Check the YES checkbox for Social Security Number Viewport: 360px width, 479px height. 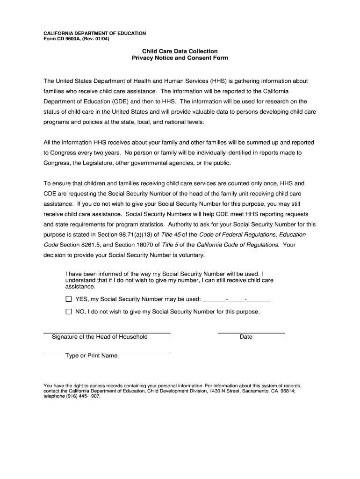[69, 299]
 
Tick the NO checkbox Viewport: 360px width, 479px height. [69, 312]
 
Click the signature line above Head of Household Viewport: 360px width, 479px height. [107, 332]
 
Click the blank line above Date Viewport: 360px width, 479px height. [251, 332]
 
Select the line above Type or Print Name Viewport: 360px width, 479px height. [107, 351]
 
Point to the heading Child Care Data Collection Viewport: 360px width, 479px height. [180, 51]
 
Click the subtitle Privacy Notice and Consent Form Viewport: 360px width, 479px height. [180, 58]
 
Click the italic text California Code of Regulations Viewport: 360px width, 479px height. [238, 245]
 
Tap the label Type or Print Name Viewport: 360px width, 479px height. [92, 356]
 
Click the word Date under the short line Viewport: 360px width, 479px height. [246, 337]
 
